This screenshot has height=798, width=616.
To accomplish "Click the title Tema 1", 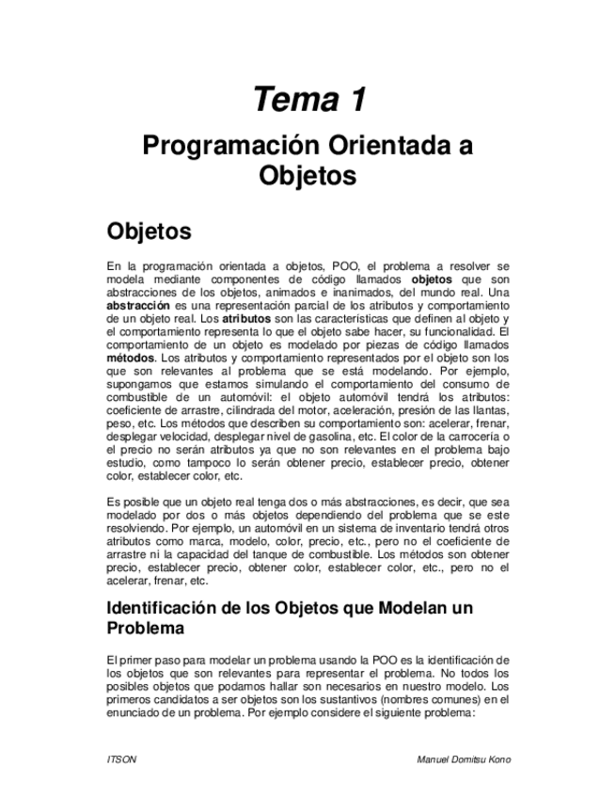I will (308, 99).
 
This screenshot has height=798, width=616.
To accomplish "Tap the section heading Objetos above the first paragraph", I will (150, 231).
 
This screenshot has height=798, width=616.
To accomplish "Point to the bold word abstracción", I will (138, 306).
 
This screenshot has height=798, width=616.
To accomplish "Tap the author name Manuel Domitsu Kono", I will (464, 758).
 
